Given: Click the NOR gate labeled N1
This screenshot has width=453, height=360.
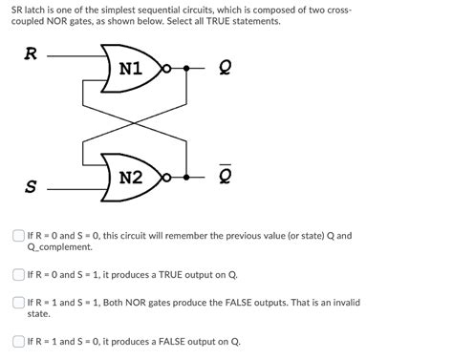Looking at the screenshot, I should (x=129, y=69).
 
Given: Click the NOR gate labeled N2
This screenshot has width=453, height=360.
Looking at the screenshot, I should (x=129, y=178).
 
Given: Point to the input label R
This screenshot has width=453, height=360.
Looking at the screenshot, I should (x=30, y=55).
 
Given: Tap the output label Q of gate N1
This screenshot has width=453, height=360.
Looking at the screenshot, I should (x=225, y=70).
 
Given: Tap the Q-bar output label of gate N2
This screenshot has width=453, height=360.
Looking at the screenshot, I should (x=225, y=178).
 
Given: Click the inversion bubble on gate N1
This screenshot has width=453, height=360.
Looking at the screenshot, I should (x=168, y=69).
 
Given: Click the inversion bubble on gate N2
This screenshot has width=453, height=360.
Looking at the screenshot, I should (x=168, y=178).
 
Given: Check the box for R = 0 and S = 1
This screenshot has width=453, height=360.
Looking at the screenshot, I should (x=18, y=274).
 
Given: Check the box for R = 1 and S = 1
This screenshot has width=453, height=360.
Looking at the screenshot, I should (x=18, y=303).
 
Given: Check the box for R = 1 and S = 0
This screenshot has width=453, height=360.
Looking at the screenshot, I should (x=18, y=341).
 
